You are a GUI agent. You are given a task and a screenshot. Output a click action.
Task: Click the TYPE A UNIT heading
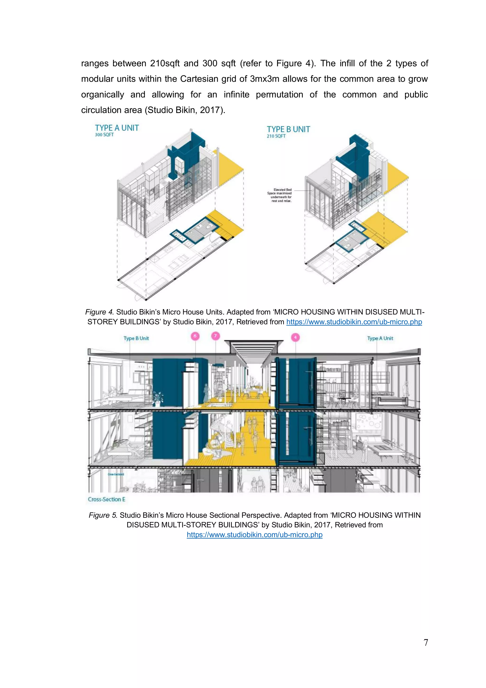117,128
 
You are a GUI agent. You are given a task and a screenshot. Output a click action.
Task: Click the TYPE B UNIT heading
288,129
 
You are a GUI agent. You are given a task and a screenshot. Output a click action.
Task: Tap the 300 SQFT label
104,135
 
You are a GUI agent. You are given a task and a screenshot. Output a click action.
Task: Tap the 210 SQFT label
276,136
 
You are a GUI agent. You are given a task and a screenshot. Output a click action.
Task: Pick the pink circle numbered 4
295,337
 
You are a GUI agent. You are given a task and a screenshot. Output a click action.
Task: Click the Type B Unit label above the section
136,338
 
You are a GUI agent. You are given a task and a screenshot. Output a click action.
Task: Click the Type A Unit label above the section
380,338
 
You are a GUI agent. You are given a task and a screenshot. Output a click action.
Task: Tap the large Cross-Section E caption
106,499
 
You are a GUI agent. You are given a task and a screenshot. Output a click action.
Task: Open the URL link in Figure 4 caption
354,322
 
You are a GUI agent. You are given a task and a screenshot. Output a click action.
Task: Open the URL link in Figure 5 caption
255,535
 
